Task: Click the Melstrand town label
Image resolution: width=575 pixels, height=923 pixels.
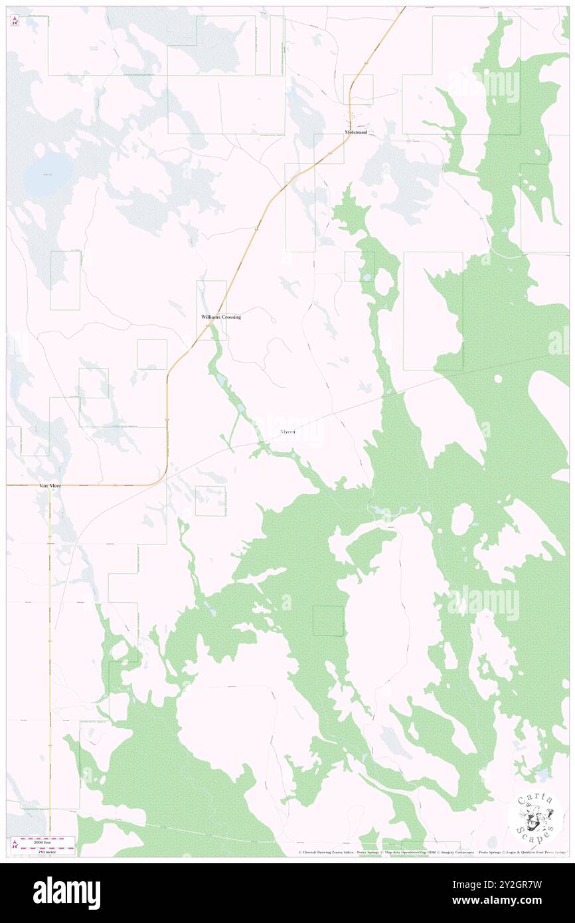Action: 356,132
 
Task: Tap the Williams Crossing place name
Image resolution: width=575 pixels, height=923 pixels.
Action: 221,317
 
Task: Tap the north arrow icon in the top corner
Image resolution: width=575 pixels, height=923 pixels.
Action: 15,21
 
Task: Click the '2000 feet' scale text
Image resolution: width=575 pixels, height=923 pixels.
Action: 48,840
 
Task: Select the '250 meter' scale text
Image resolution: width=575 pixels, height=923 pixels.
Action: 48,851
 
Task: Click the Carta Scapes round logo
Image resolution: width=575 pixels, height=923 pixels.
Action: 536,818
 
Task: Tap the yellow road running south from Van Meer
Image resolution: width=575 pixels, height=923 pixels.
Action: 49,664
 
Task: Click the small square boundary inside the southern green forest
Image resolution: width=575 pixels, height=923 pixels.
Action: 329,621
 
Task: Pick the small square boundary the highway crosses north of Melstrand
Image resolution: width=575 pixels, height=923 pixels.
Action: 358,89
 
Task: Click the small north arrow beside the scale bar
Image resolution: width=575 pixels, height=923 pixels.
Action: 15,845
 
